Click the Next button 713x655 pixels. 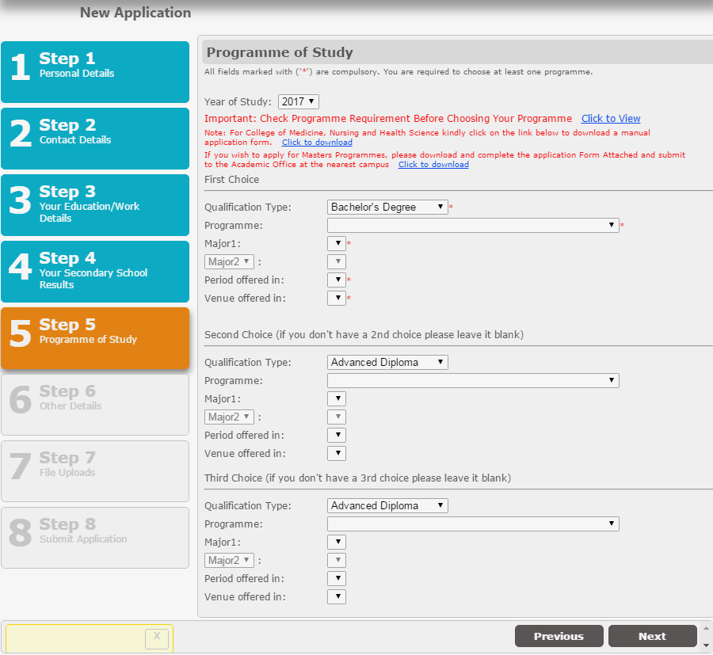tap(652, 636)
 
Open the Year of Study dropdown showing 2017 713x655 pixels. tap(299, 101)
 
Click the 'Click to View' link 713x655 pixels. tap(611, 118)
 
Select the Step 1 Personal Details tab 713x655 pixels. tap(95, 72)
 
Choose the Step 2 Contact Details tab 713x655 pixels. tap(95, 139)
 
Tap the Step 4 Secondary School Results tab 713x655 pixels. tap(95, 272)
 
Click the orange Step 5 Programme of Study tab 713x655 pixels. tap(95, 338)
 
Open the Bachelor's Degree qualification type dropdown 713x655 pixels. tap(387, 207)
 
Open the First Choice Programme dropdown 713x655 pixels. tap(473, 225)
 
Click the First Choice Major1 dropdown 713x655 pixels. tap(337, 243)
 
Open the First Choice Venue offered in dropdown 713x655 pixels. tap(337, 298)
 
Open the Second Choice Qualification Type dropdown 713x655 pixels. tap(387, 362)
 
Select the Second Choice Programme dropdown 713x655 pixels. tap(473, 380)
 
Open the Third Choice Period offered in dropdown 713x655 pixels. tap(337, 578)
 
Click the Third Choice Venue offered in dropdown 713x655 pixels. tap(337, 597)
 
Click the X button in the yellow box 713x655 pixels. tap(157, 638)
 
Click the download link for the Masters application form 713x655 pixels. tap(433, 165)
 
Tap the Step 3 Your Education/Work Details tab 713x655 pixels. tap(95, 205)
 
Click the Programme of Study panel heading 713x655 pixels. tap(280, 52)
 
